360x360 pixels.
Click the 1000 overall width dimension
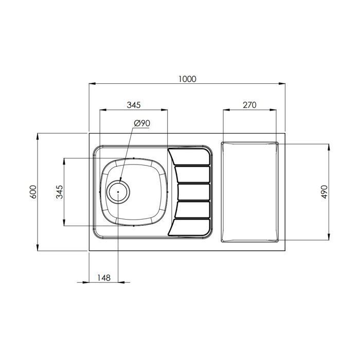tap(187, 79)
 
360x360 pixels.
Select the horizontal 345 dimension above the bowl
tap(134, 105)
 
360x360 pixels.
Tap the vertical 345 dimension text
tap(60, 192)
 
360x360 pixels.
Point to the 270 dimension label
tap(249, 105)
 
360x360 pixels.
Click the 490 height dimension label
tap(324, 192)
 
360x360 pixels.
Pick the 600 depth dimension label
tap(33, 192)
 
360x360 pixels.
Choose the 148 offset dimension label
tap(104, 278)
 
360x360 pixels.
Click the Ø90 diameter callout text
tap(142, 123)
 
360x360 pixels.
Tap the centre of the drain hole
tap(118, 192)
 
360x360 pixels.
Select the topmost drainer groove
tap(189, 157)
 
